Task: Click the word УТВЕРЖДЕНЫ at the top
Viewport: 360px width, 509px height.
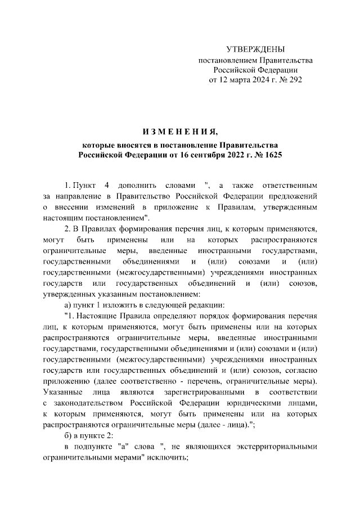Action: click(x=255, y=49)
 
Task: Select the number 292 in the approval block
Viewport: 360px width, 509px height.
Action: click(x=295, y=80)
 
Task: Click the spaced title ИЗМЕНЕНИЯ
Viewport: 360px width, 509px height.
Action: click(x=180, y=133)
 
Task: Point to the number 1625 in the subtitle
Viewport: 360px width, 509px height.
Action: click(x=271, y=154)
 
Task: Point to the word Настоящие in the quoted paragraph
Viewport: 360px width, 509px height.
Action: click(x=97, y=315)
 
